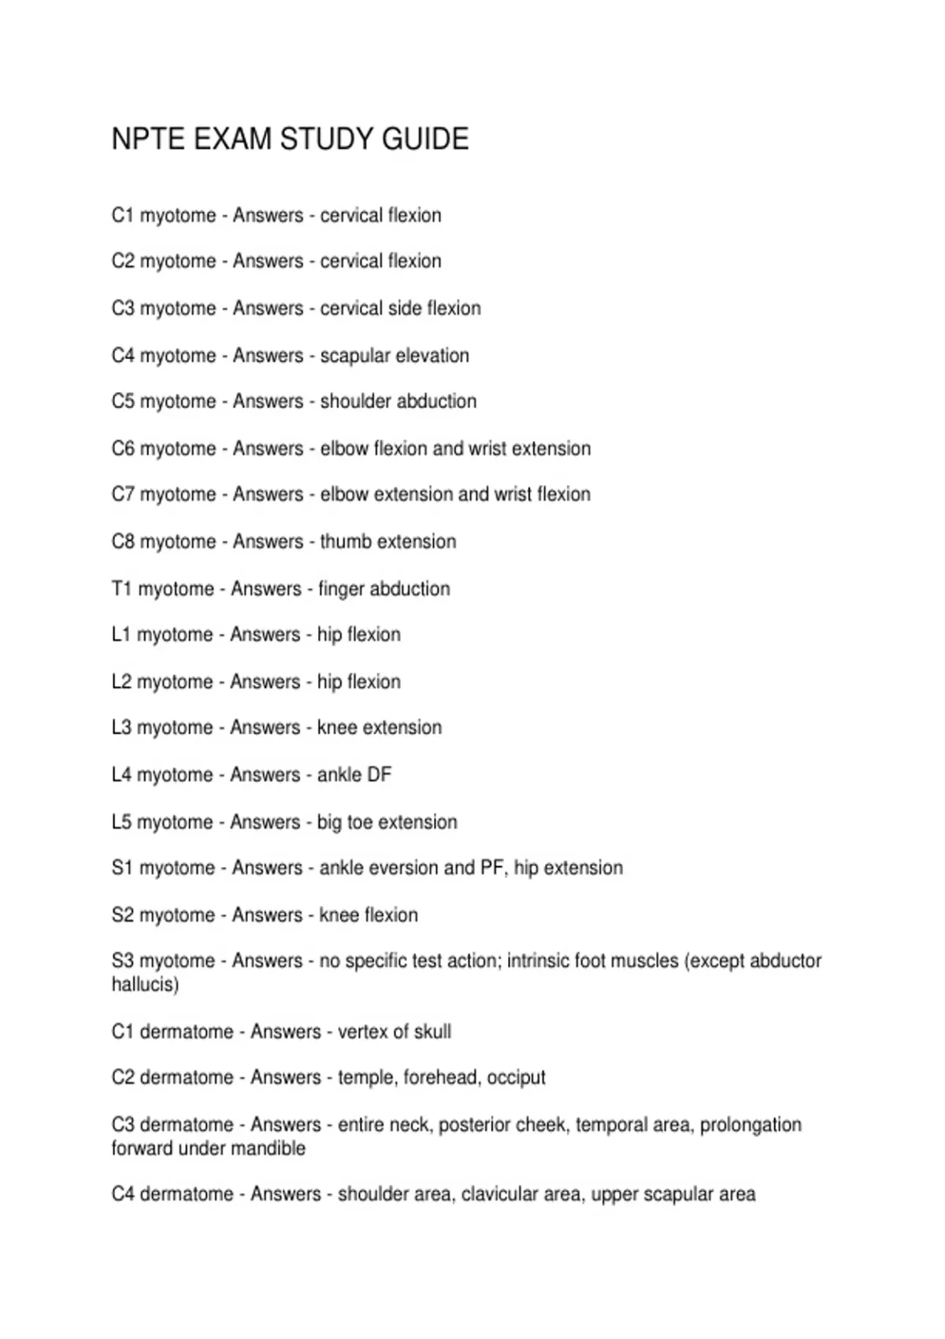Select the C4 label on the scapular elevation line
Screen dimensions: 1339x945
[x=123, y=355]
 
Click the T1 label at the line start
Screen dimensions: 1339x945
[x=122, y=588]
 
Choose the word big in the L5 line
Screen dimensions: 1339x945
[x=329, y=822]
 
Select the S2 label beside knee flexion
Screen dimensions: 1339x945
[x=123, y=915]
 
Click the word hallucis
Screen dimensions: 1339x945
[x=145, y=985]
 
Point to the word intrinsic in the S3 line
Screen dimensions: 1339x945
[x=537, y=961]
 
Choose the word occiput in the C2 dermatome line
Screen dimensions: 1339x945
[x=516, y=1078]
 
